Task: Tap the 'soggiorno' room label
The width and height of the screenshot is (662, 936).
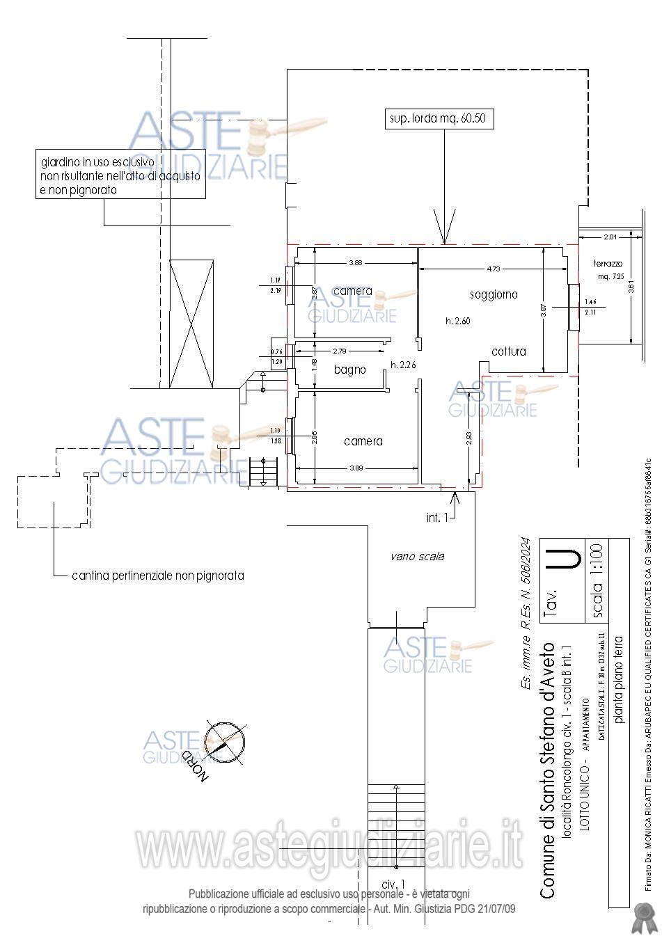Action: tap(494, 294)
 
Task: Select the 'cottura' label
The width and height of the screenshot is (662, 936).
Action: tap(509, 351)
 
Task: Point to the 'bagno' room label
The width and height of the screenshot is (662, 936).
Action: tap(349, 370)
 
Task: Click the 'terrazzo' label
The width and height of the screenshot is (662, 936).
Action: tap(607, 264)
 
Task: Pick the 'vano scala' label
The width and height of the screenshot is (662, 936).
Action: tap(417, 556)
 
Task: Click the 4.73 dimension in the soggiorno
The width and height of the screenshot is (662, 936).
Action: tap(493, 268)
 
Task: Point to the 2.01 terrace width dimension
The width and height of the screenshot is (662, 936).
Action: tap(610, 237)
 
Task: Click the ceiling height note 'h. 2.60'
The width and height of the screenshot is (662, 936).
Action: tap(458, 321)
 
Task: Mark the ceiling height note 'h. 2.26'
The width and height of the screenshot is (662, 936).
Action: tap(404, 365)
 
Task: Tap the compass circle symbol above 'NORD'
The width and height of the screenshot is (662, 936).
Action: tap(225, 742)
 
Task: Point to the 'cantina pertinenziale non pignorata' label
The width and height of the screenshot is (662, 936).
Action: tap(158, 576)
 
